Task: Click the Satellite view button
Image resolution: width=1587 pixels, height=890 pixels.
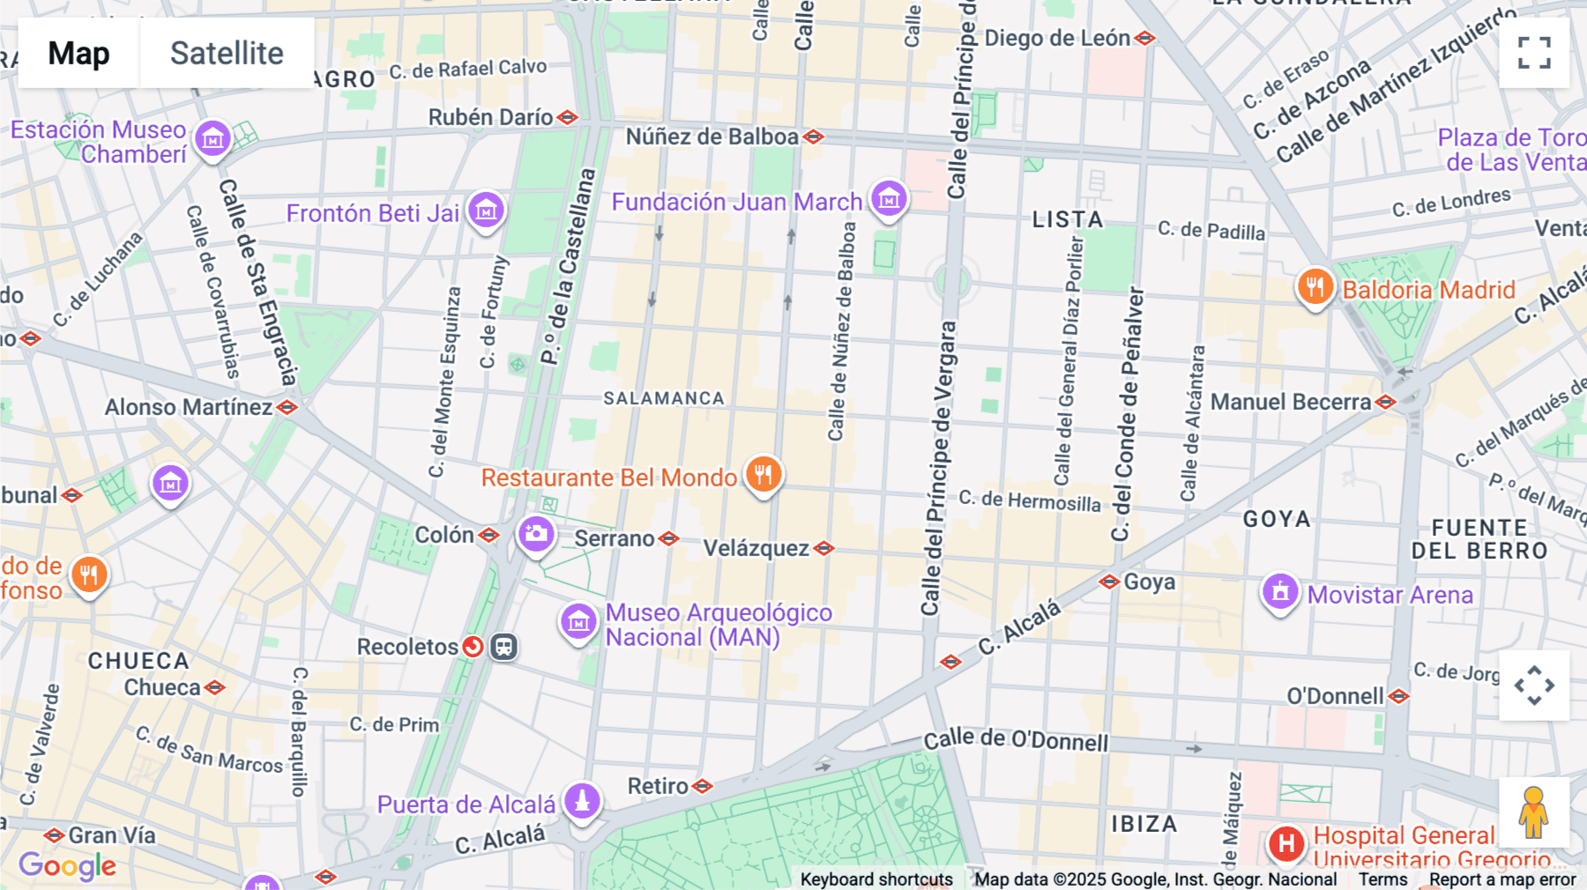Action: (227, 53)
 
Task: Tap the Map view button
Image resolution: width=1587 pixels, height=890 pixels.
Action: (78, 53)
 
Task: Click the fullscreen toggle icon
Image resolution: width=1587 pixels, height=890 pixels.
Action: (1534, 53)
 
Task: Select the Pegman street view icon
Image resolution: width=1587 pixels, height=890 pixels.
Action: (1533, 812)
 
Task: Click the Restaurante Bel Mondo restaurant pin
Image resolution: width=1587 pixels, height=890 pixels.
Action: (764, 475)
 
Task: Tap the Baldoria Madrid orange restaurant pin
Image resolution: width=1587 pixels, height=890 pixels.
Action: (1315, 287)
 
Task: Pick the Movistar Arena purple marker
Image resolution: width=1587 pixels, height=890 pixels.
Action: (1280, 592)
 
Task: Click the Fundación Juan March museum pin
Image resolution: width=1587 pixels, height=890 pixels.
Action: (889, 199)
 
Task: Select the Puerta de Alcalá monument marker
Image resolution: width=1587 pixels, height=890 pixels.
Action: (582, 801)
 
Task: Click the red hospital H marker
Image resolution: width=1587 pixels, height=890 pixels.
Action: (1286, 843)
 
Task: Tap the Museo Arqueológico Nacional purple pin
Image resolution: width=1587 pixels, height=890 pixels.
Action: (578, 622)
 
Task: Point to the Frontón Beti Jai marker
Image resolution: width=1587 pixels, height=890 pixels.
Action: (486, 211)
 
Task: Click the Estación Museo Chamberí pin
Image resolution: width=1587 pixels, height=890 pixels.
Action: (212, 139)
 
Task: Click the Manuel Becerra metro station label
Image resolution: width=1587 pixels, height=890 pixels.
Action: (1291, 403)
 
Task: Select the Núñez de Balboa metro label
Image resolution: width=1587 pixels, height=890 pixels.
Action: (712, 137)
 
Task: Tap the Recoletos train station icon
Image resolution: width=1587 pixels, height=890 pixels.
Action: (503, 647)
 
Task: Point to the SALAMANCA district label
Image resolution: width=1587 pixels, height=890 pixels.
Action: (664, 398)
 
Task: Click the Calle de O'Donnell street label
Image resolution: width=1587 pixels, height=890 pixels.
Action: (1016, 739)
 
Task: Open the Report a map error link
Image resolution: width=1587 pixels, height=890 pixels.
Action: (1502, 879)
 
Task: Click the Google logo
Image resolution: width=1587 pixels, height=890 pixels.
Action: (67, 866)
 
